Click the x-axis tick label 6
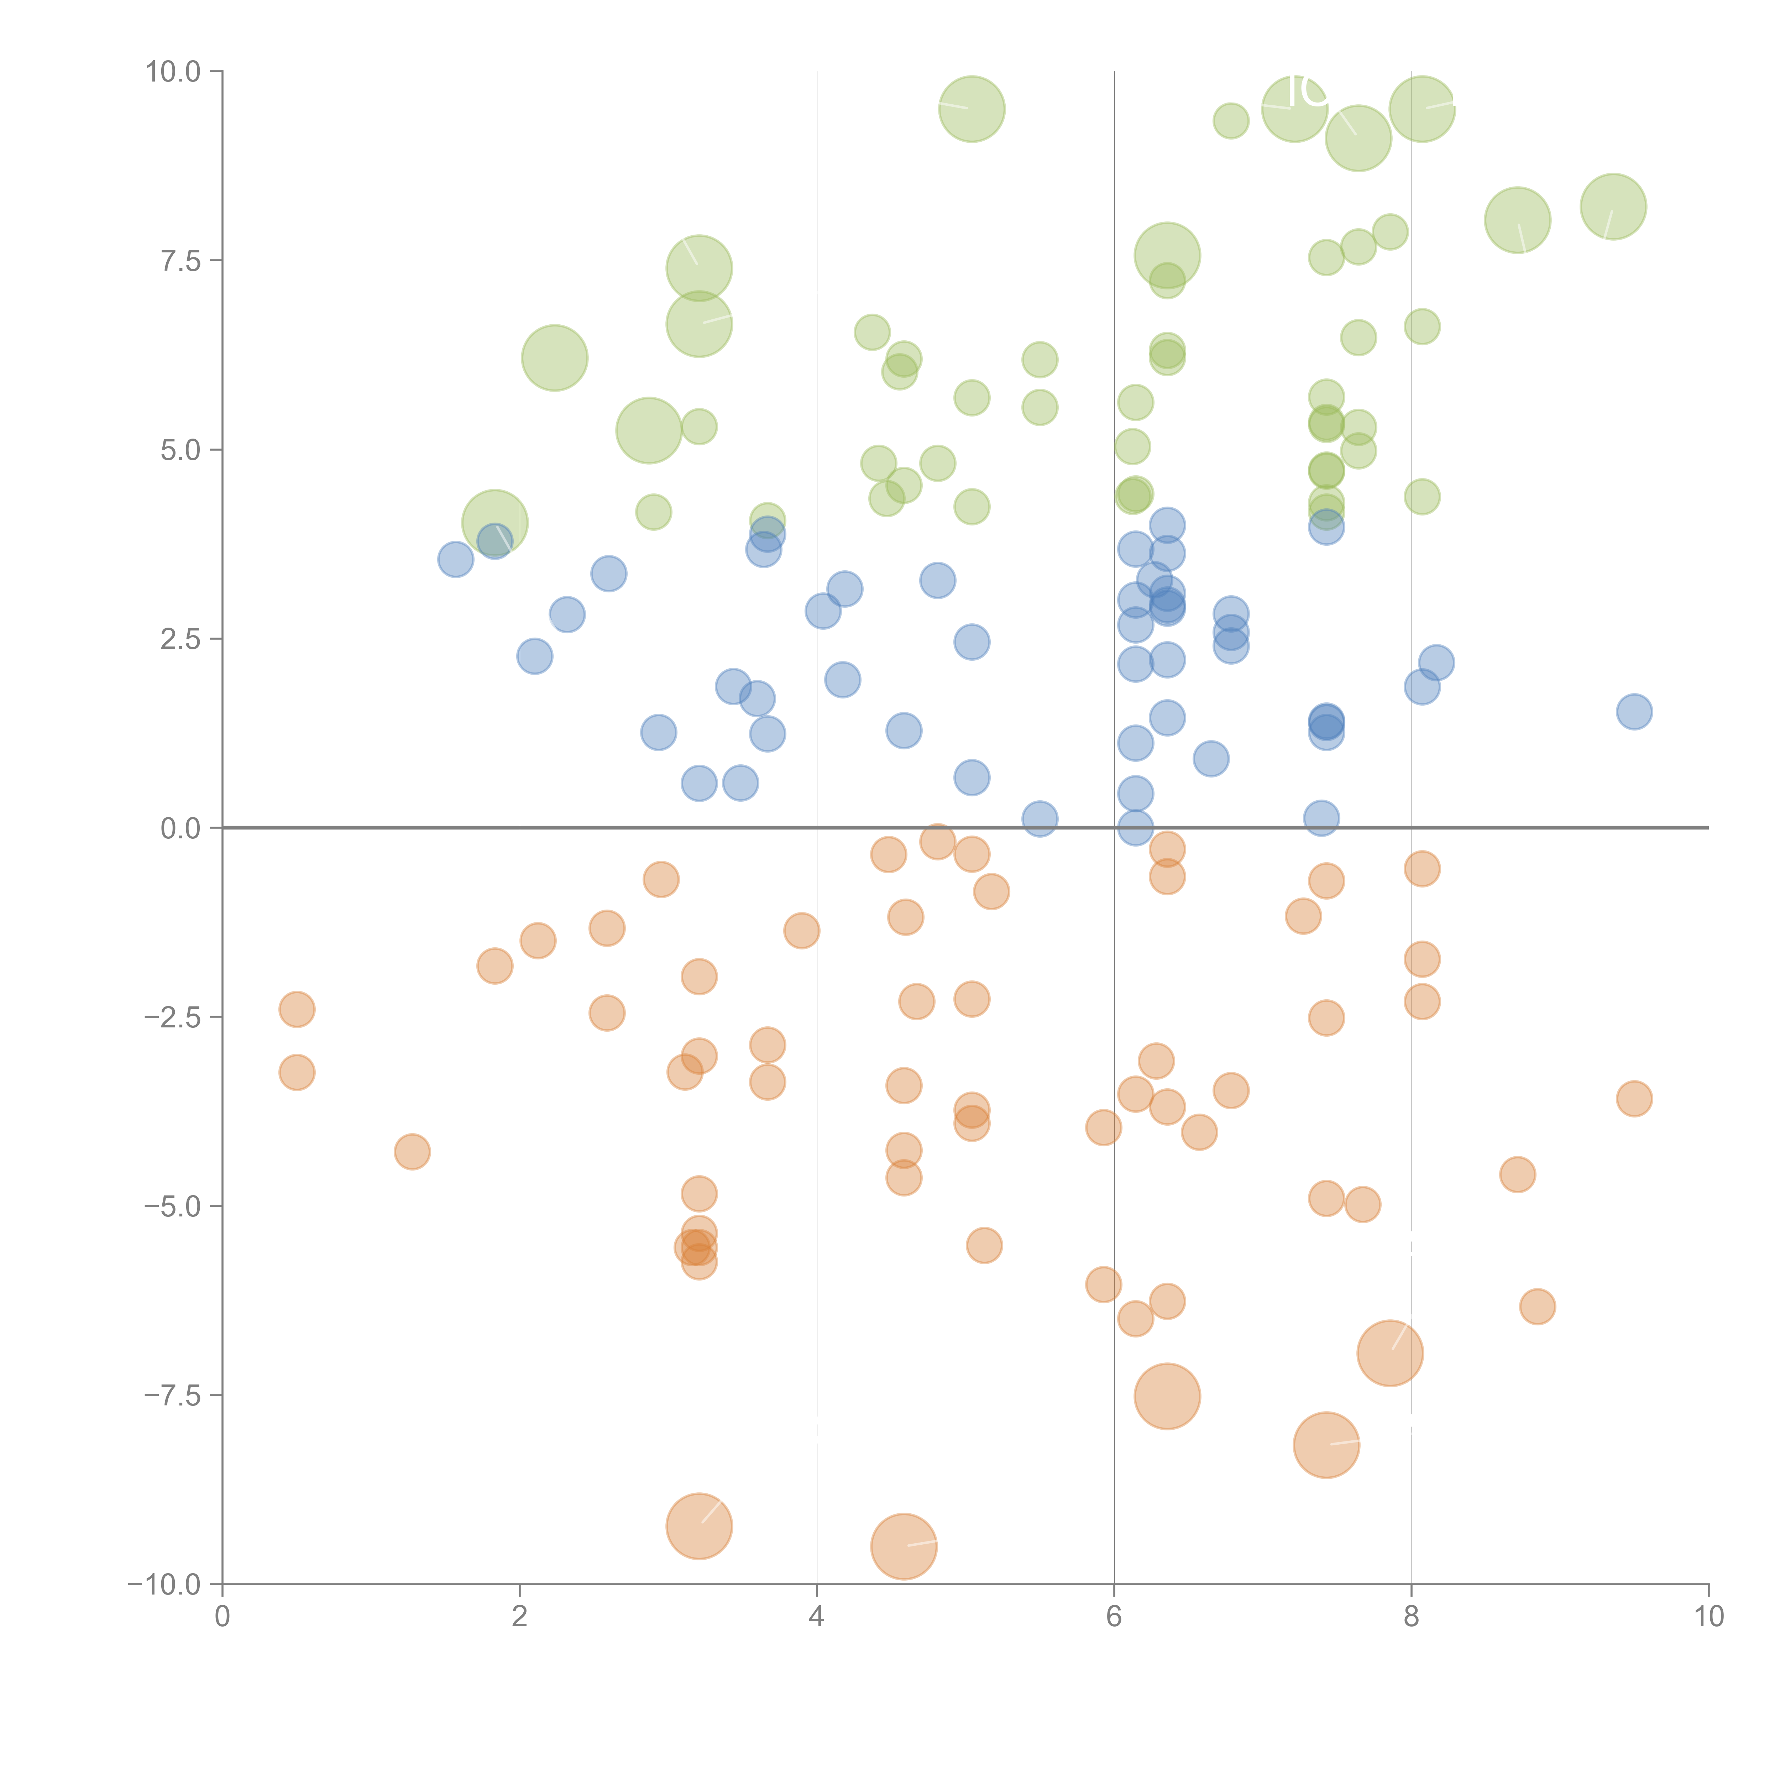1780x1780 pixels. pyautogui.click(x=1114, y=1617)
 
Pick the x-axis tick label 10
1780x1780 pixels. pyautogui.click(x=1708, y=1617)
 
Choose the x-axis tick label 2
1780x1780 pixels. pyautogui.click(x=520, y=1617)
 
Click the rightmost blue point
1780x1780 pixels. pyautogui.click(x=1634, y=711)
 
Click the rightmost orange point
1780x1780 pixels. pyautogui.click(x=1634, y=1098)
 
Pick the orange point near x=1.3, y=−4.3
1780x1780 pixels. pyautogui.click(x=412, y=1152)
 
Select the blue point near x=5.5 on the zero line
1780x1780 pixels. pyautogui.click(x=1039, y=818)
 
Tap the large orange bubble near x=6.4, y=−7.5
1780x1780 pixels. pyautogui.click(x=1166, y=1396)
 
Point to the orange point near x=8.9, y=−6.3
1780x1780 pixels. pyautogui.click(x=1537, y=1305)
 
